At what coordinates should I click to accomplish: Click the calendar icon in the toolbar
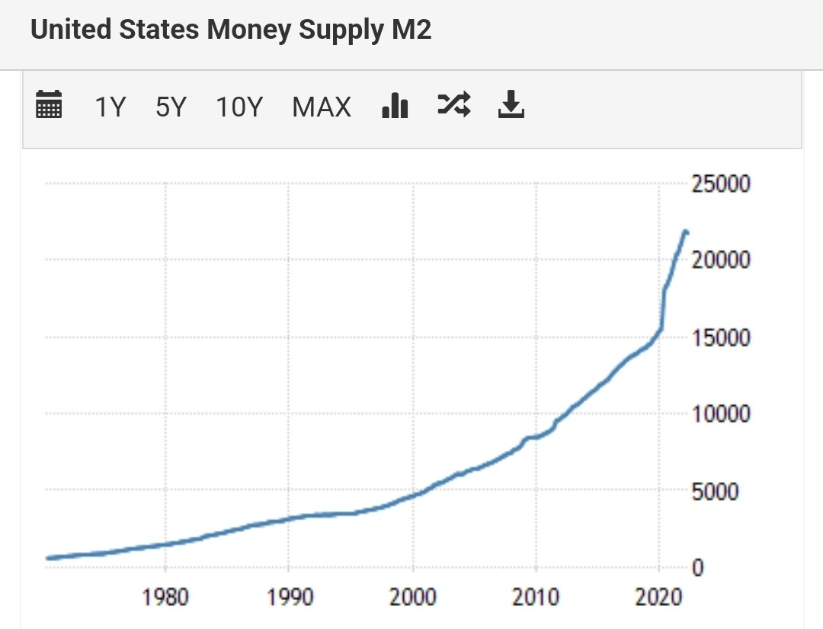click(x=49, y=105)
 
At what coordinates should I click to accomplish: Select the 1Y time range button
click(x=109, y=107)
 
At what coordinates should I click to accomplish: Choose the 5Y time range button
click(x=171, y=107)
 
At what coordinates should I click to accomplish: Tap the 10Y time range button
click(x=239, y=107)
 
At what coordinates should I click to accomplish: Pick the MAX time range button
click(x=322, y=107)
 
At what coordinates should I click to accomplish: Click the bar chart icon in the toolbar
click(x=395, y=105)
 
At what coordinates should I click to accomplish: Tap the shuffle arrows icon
click(x=454, y=104)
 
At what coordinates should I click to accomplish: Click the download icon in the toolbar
click(x=511, y=105)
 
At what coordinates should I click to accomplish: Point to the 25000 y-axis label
click(x=720, y=184)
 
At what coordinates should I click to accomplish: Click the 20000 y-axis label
click(x=720, y=260)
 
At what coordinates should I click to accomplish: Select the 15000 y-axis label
click(x=720, y=337)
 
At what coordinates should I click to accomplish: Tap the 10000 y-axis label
click(x=720, y=414)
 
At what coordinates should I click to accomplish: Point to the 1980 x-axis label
click(x=165, y=597)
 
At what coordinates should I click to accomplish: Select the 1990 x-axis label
click(x=289, y=597)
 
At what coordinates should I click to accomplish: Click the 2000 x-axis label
click(x=412, y=597)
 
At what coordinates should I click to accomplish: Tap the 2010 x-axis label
click(x=536, y=597)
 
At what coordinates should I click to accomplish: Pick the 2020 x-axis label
click(x=659, y=597)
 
